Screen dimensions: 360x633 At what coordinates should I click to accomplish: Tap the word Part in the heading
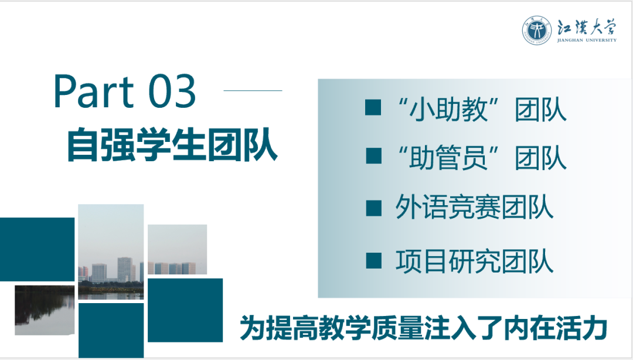point(94,92)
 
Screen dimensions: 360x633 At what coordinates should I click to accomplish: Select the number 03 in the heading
point(172,92)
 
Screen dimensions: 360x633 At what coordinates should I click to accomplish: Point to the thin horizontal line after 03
point(253,91)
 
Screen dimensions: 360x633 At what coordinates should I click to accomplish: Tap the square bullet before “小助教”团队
point(373,108)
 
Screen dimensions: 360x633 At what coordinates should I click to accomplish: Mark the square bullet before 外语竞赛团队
point(373,208)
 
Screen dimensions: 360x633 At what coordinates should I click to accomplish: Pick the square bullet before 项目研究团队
point(373,260)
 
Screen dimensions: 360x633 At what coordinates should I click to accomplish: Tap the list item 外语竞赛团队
point(474,208)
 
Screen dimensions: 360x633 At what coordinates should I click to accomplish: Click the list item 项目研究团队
point(474,260)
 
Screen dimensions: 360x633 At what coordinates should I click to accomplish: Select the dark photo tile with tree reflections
point(45,310)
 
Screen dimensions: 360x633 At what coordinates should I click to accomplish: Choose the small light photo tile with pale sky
point(177,250)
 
